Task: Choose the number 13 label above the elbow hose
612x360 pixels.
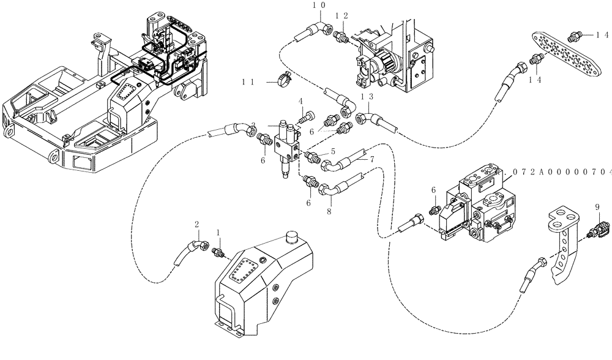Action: click(x=367, y=96)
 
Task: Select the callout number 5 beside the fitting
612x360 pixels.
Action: click(x=333, y=151)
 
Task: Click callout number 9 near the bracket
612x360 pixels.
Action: click(x=597, y=207)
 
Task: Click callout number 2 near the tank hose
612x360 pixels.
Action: click(x=196, y=224)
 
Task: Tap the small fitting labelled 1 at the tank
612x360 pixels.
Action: click(x=217, y=251)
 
